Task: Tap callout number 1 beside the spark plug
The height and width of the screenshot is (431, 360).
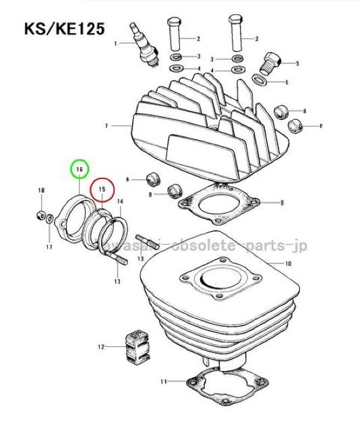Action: (115, 43)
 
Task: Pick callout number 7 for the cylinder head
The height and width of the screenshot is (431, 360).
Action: (107, 126)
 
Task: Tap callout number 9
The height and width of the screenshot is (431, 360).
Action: (282, 202)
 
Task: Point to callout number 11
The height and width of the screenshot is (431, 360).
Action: (162, 382)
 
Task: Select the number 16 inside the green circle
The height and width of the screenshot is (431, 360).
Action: (79, 168)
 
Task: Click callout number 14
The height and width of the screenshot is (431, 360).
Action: (119, 201)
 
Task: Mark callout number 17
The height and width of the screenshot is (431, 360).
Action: (49, 248)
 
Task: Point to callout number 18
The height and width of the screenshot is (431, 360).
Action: (40, 191)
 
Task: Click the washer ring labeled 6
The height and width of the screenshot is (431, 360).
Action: (259, 81)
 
